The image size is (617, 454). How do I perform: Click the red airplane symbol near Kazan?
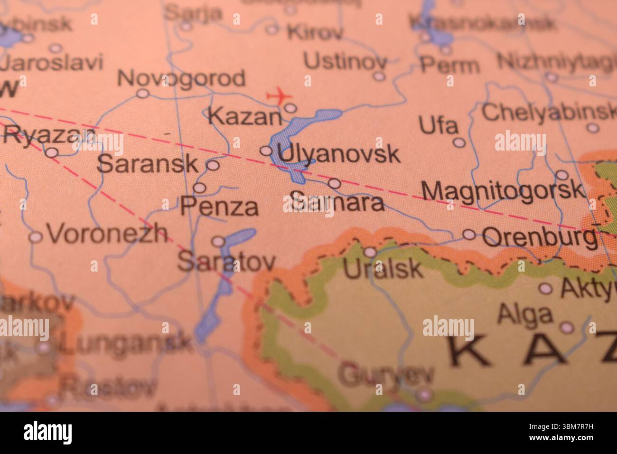pyautogui.click(x=279, y=96)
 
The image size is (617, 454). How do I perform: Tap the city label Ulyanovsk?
pyautogui.click(x=339, y=154)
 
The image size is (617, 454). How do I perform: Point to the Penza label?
pyautogui.click(x=220, y=207)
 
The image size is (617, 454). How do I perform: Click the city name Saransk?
pyautogui.click(x=147, y=164)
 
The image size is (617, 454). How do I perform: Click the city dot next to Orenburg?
pyautogui.click(x=469, y=234)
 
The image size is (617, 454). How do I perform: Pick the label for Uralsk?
pyautogui.click(x=383, y=269)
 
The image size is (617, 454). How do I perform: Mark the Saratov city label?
pyautogui.click(x=226, y=261)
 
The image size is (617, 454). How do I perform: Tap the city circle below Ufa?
pyautogui.click(x=458, y=142)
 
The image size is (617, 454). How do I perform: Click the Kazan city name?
pyautogui.click(x=245, y=117)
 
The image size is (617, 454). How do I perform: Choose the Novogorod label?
pyautogui.click(x=181, y=78)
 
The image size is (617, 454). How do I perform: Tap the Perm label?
pyautogui.click(x=449, y=66)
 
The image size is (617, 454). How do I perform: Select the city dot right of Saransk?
pyautogui.click(x=213, y=165)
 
